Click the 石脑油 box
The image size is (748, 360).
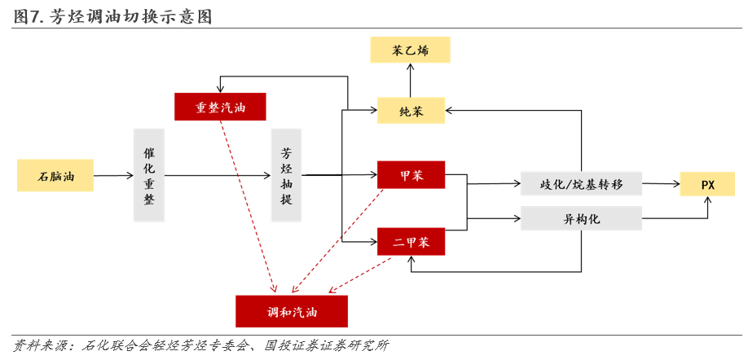pyautogui.click(x=55, y=175)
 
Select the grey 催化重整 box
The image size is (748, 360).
pyautogui.click(x=149, y=175)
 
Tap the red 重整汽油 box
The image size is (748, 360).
pyautogui.click(x=221, y=108)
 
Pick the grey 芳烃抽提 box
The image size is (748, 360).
pyautogui.click(x=286, y=175)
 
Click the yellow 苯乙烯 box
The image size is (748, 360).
pyautogui.click(x=410, y=50)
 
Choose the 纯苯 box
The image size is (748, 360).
pyautogui.click(x=411, y=110)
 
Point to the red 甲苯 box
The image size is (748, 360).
pyautogui.click(x=411, y=175)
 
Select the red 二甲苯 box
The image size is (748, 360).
pyautogui.click(x=411, y=241)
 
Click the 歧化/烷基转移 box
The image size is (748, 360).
pyautogui.click(x=581, y=184)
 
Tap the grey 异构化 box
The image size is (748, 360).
pyautogui.click(x=581, y=218)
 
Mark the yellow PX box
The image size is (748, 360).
pyautogui.click(x=707, y=184)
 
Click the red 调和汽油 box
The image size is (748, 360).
pyautogui.click(x=292, y=311)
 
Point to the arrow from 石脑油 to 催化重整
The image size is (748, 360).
pyautogui.click(x=113, y=175)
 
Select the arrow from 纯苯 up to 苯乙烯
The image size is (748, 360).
pyautogui.click(x=411, y=81)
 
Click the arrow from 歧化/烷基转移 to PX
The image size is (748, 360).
pyautogui.click(x=661, y=184)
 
